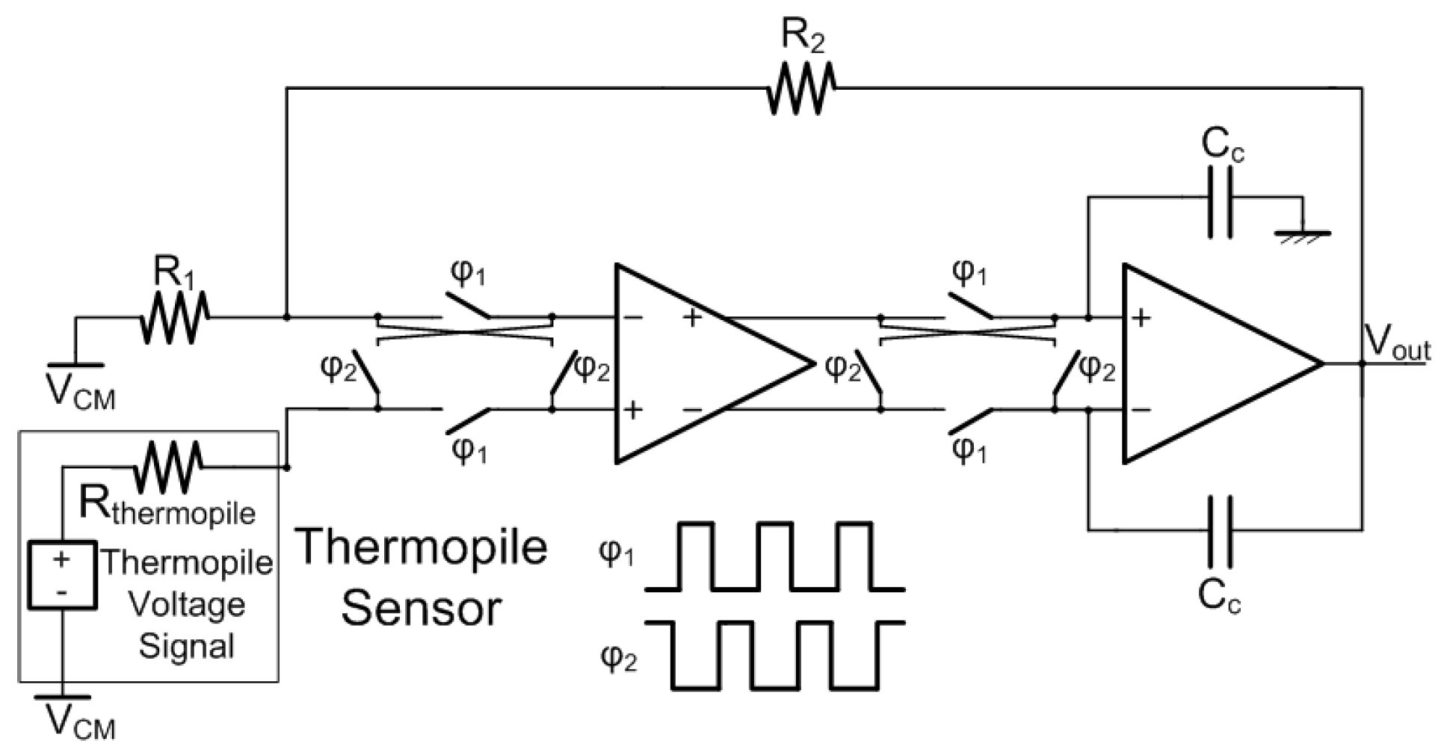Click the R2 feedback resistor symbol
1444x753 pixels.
pyautogui.click(x=801, y=89)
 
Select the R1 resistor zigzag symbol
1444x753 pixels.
pyautogui.click(x=174, y=317)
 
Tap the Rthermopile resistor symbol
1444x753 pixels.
pyautogui.click(x=168, y=467)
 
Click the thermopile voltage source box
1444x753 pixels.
pyautogui.click(x=63, y=575)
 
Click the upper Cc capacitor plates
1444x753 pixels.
pyautogui.click(x=1220, y=197)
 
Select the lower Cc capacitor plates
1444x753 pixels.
pyautogui.click(x=1220, y=530)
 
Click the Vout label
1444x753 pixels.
pyautogui.click(x=1396, y=346)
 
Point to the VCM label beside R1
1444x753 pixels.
pyautogui.click(x=81, y=392)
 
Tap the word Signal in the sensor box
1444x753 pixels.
pyautogui.click(x=187, y=645)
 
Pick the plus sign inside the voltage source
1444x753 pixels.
pyautogui.click(x=62, y=559)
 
